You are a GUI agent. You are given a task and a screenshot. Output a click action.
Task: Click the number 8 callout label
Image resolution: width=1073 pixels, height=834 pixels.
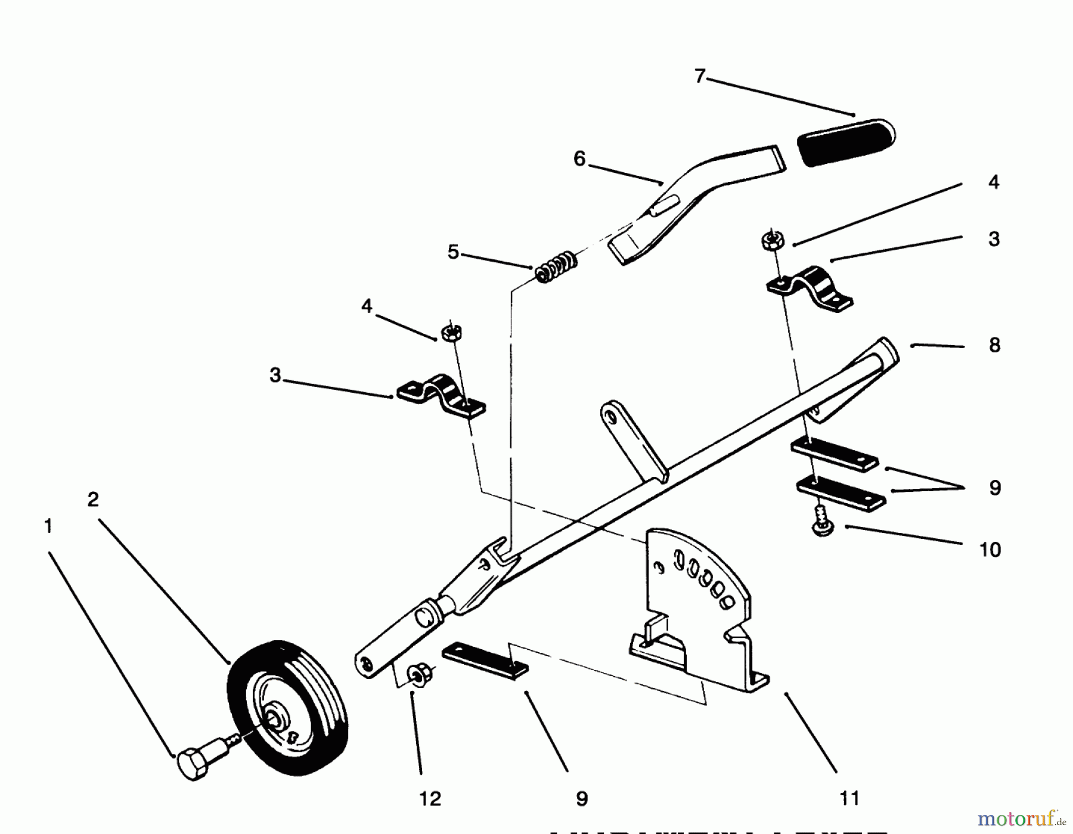pyautogui.click(x=994, y=345)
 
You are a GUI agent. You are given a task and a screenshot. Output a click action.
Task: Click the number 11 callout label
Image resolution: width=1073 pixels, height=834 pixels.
pyautogui.click(x=849, y=798)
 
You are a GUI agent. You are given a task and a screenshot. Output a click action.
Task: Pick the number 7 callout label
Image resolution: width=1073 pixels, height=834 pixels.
pyautogui.click(x=700, y=76)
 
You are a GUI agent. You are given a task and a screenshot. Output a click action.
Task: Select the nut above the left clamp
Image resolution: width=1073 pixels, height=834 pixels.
pyautogui.click(x=451, y=332)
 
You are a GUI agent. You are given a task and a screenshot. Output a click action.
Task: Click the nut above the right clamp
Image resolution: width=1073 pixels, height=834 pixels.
pyautogui.click(x=771, y=240)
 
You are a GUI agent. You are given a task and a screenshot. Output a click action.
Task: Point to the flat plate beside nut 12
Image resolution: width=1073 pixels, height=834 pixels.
pyautogui.click(x=485, y=660)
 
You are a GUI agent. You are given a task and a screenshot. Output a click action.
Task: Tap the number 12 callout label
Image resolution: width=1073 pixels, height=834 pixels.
pyautogui.click(x=430, y=799)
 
